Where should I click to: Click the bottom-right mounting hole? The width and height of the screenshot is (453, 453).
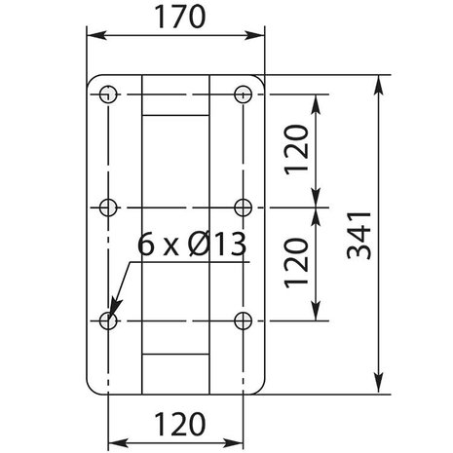244,320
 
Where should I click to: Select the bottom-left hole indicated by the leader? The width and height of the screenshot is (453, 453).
107,320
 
